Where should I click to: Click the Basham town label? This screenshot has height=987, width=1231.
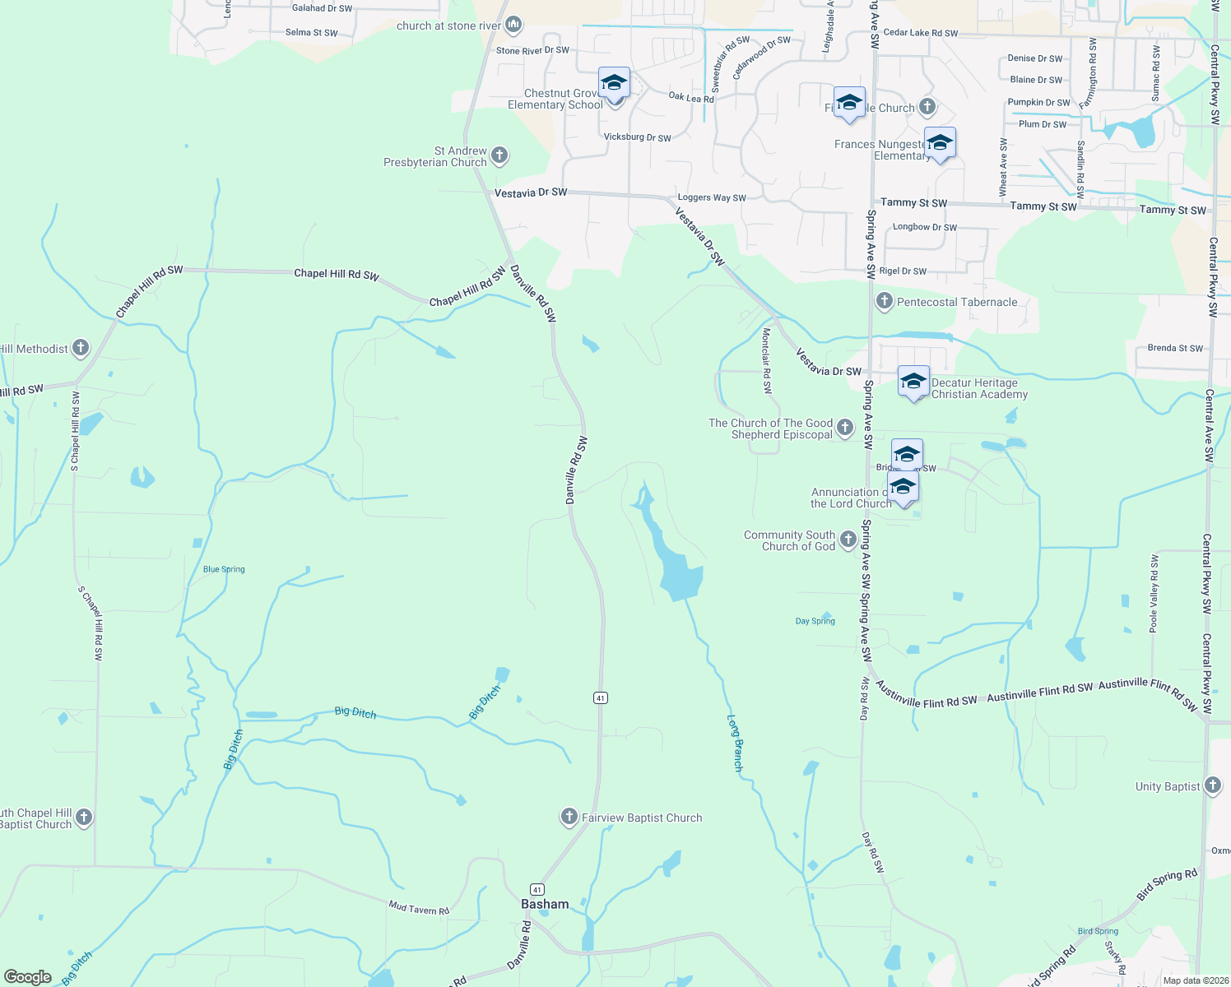[x=545, y=904]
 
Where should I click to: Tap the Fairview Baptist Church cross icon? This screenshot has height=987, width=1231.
[x=569, y=817]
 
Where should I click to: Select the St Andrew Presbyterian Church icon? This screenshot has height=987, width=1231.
[x=499, y=155]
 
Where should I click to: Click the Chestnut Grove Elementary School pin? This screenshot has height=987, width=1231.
[x=614, y=83]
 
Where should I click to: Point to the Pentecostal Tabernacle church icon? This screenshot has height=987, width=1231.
[x=885, y=302]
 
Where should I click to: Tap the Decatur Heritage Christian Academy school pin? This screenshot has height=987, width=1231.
[x=913, y=382]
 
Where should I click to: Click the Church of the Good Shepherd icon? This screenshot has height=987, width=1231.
[x=845, y=428]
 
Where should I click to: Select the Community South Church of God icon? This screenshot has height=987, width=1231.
[x=848, y=540]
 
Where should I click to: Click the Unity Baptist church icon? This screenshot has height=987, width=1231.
[x=1213, y=785]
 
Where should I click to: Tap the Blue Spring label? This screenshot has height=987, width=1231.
[x=224, y=569]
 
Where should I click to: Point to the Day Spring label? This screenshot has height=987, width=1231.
[x=815, y=621]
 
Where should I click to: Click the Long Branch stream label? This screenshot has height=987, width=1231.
[x=736, y=743]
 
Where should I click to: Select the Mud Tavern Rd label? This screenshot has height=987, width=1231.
[x=419, y=908]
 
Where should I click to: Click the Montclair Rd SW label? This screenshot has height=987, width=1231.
[x=767, y=360]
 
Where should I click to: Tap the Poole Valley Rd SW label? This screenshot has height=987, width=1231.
[x=1154, y=594]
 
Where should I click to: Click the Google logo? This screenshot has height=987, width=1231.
[x=28, y=977]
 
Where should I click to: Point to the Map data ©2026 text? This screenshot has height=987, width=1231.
[x=1193, y=980]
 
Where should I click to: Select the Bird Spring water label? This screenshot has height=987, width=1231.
[x=1098, y=931]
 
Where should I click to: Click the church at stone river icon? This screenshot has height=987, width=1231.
[x=514, y=25]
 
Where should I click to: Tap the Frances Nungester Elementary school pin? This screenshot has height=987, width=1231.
[x=940, y=144]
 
